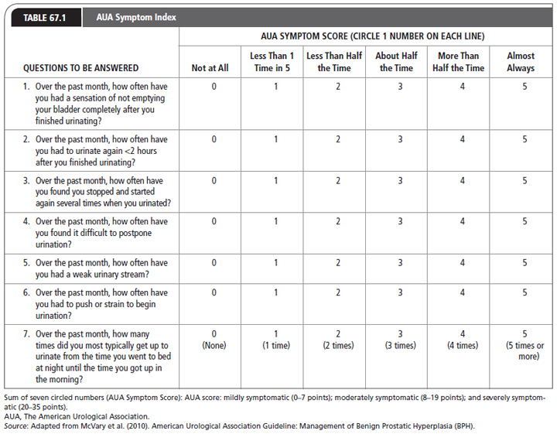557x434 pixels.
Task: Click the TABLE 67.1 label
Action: tap(45, 17)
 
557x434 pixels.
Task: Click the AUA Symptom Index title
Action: tap(136, 17)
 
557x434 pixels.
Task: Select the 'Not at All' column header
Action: tap(210, 68)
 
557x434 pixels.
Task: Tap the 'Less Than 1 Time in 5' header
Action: tap(272, 62)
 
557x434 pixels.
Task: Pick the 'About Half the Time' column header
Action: tap(396, 62)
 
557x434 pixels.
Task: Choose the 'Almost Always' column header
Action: tap(521, 62)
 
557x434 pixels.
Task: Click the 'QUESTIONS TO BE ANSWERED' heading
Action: tap(81, 68)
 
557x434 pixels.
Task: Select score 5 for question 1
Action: tap(524, 87)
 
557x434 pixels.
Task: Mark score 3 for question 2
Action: tap(399, 139)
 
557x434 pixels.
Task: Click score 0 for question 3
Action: tap(214, 180)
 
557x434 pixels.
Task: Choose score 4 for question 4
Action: tap(462, 221)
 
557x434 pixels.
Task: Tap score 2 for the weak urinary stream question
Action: tap(338, 262)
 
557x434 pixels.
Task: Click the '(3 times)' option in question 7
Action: tap(399, 346)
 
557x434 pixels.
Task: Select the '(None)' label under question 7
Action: tap(214, 346)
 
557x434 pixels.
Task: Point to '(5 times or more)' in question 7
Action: tap(524, 350)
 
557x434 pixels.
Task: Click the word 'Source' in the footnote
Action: tap(16, 426)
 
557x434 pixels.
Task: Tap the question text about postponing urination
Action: tap(101, 231)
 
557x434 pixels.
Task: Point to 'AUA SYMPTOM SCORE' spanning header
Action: tap(367, 36)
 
